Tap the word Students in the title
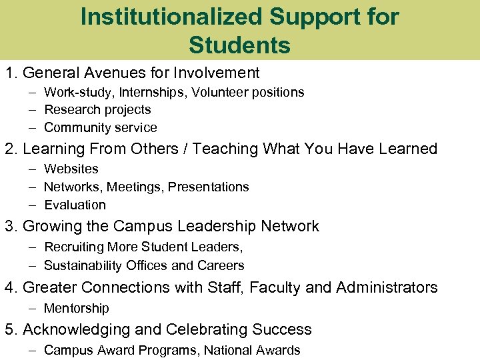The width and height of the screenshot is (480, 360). [239, 45]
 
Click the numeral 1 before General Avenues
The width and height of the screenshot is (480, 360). [9, 73]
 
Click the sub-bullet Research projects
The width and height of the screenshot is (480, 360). [97, 110]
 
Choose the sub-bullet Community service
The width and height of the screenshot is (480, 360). [100, 127]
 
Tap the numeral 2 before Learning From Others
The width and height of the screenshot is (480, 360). [9, 149]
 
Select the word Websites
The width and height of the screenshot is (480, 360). [71, 169]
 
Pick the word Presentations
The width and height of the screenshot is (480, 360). [208, 187]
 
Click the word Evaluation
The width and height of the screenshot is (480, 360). [75, 205]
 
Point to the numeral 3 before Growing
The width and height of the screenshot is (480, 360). [9, 227]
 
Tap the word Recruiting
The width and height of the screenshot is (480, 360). [73, 247]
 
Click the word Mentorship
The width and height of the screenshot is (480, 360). [76, 308]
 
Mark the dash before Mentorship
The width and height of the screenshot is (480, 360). [32, 308]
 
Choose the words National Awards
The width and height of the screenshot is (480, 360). [252, 350]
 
